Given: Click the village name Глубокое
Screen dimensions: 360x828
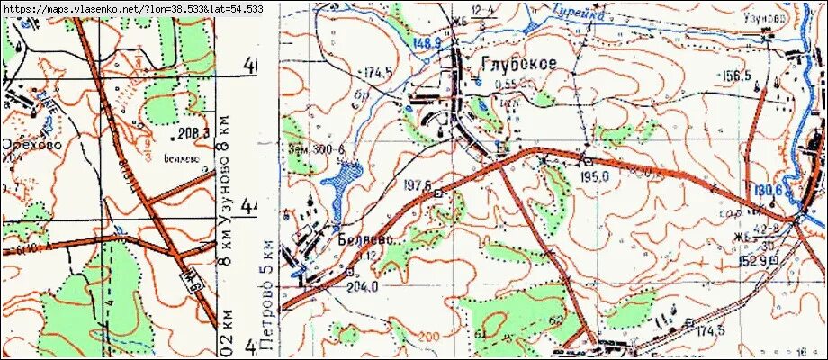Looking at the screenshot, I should [518, 64].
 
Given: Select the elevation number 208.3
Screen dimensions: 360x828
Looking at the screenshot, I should [193, 133].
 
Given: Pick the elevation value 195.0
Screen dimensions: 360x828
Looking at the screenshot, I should [595, 177].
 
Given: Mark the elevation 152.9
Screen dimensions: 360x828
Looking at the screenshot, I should [752, 260].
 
